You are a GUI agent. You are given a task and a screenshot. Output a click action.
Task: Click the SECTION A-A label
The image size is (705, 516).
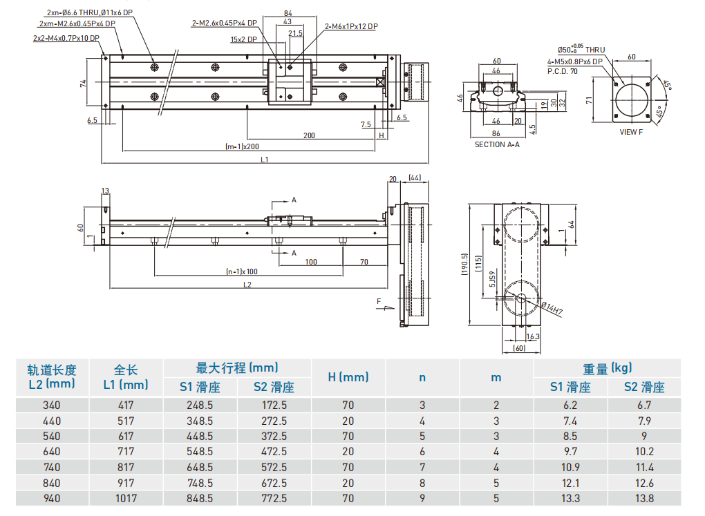click(x=496, y=145)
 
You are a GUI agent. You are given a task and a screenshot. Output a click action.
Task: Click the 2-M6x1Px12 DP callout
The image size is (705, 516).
click(x=351, y=26)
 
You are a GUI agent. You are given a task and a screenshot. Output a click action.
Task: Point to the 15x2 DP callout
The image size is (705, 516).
click(x=243, y=39)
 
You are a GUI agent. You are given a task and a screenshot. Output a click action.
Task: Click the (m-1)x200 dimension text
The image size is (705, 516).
click(x=242, y=146)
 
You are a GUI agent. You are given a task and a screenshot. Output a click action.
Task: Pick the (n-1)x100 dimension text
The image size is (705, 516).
click(x=242, y=271)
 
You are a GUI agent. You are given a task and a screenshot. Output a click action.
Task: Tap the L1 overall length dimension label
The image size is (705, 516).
click(x=265, y=160)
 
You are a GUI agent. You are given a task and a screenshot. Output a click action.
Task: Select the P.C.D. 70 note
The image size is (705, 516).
click(x=562, y=71)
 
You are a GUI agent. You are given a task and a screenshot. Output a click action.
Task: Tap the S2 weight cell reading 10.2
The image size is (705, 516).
click(x=643, y=452)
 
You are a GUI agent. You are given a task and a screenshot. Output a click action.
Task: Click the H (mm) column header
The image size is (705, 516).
click(x=348, y=377)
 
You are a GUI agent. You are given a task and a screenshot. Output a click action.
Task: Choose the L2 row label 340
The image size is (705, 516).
click(x=51, y=405)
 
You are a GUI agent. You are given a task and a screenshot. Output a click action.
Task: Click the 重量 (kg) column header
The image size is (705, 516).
click(x=607, y=368)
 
